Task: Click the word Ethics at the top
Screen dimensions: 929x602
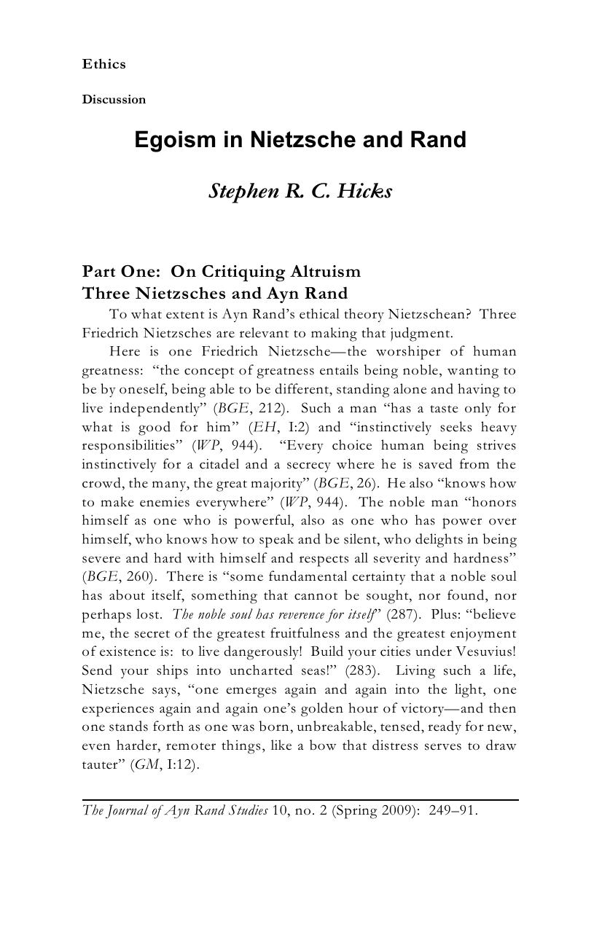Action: click(103, 64)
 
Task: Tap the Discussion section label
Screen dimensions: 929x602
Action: click(114, 99)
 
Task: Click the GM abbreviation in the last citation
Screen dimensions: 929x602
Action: click(146, 765)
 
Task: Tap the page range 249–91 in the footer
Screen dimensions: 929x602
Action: click(453, 810)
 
